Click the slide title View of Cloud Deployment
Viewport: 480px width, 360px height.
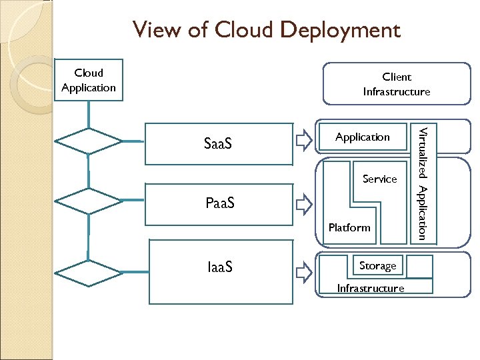(266, 30)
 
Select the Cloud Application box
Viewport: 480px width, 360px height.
(89, 81)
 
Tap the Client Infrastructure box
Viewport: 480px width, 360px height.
(396, 85)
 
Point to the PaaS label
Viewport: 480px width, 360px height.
(220, 203)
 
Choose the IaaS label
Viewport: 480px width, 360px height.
(220, 268)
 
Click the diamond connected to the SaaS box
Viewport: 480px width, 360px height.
(88, 142)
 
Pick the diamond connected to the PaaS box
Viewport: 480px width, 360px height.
(88, 201)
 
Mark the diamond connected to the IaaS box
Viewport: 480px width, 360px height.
(88, 273)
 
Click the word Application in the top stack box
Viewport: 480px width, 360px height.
(362, 137)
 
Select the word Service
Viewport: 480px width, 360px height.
(379, 179)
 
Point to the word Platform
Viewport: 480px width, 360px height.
(349, 228)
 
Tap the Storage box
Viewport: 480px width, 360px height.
(377, 266)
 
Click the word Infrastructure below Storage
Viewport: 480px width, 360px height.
(371, 288)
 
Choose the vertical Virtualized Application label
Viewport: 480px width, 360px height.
(422, 181)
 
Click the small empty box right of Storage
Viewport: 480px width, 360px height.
(419, 267)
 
